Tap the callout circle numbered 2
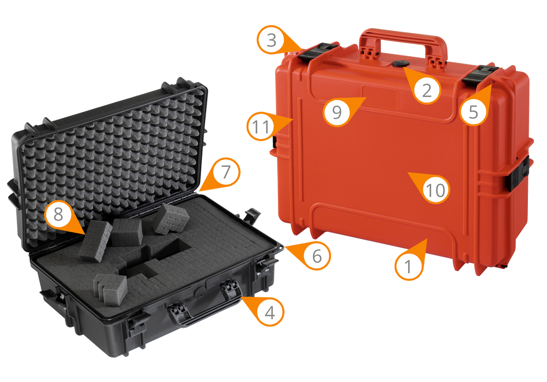click(427, 89)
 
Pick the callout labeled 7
click(225, 172)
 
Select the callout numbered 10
click(436, 190)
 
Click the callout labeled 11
click(261, 127)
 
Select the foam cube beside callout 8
click(95, 240)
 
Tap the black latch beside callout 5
click(480, 74)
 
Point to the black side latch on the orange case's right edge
click(517, 174)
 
